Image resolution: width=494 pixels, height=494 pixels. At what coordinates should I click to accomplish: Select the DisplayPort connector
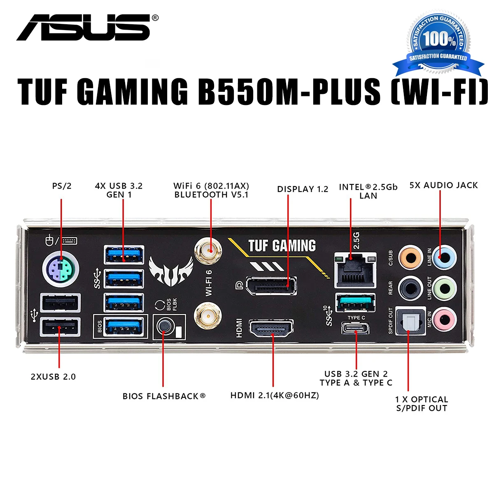(x=271, y=285)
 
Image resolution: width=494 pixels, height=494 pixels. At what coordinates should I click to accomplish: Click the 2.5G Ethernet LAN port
(x=355, y=270)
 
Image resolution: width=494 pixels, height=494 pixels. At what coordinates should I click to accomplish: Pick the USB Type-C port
(x=355, y=329)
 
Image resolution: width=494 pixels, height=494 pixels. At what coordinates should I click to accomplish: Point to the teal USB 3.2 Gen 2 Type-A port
(x=355, y=303)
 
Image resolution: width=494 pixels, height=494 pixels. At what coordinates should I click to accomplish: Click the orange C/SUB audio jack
(x=411, y=257)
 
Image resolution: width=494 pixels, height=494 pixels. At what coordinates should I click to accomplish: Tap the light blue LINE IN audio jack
(x=445, y=257)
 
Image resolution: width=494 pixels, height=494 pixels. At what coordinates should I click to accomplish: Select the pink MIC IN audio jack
(x=445, y=319)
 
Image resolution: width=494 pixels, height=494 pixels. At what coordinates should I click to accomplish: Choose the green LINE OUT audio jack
(x=445, y=289)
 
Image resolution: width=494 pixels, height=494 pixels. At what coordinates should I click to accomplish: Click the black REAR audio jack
(x=411, y=289)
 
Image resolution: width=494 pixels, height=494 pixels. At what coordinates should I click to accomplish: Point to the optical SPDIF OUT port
(x=410, y=321)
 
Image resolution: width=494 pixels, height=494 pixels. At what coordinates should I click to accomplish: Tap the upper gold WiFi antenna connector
(x=208, y=250)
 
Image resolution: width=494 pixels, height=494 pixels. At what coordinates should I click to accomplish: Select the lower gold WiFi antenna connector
(x=208, y=316)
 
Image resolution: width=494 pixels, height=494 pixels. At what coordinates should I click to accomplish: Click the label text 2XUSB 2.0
(x=54, y=377)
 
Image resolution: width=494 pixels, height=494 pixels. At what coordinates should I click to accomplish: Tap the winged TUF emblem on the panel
(x=171, y=271)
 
